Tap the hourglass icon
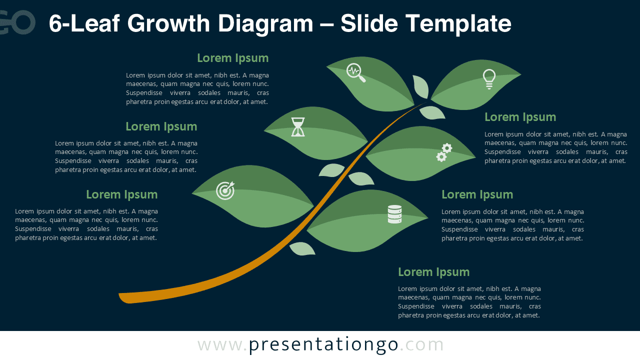coord(298,127)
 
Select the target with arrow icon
coord(225,190)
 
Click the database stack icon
coord(394,214)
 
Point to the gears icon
coord(443,152)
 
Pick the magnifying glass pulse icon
coord(355,72)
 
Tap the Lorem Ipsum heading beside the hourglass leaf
coord(161,126)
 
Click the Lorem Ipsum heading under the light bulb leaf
coord(520,117)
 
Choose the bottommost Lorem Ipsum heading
coord(433,272)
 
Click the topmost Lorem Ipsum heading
coord(232,58)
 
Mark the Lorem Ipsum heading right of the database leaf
coord(477,194)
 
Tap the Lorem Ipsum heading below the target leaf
coord(121,194)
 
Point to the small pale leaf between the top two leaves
coord(421,86)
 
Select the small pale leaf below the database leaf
coord(302,248)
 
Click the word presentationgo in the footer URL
coord(323,345)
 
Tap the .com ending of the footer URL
coord(421,345)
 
